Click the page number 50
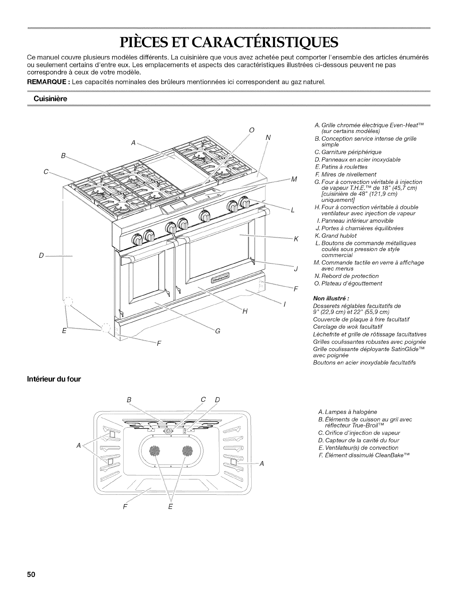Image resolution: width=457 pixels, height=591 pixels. pos(31,575)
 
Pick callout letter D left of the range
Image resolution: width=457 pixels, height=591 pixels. pos(41,255)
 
